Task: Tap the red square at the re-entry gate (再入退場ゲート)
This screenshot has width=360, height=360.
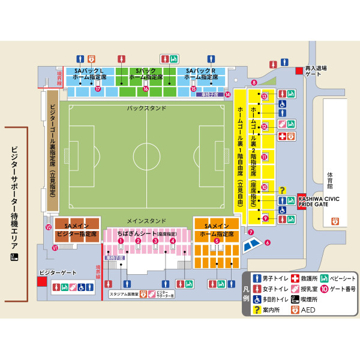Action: (299, 71)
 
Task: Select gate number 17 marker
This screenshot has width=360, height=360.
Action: (97, 88)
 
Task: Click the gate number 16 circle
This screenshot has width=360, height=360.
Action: (145, 88)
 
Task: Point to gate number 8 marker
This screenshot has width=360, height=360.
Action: (254, 82)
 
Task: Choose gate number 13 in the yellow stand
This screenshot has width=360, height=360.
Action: (264, 96)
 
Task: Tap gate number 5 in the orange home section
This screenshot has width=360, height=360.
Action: (217, 241)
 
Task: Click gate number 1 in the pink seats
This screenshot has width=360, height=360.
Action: (121, 241)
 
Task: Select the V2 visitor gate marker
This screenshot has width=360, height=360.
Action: (49, 227)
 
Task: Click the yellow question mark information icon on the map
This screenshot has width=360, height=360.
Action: (283, 189)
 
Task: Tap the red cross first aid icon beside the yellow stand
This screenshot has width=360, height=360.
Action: (282, 137)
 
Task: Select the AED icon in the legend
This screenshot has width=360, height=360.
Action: (295, 310)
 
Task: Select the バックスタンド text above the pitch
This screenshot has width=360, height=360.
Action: (146, 109)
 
